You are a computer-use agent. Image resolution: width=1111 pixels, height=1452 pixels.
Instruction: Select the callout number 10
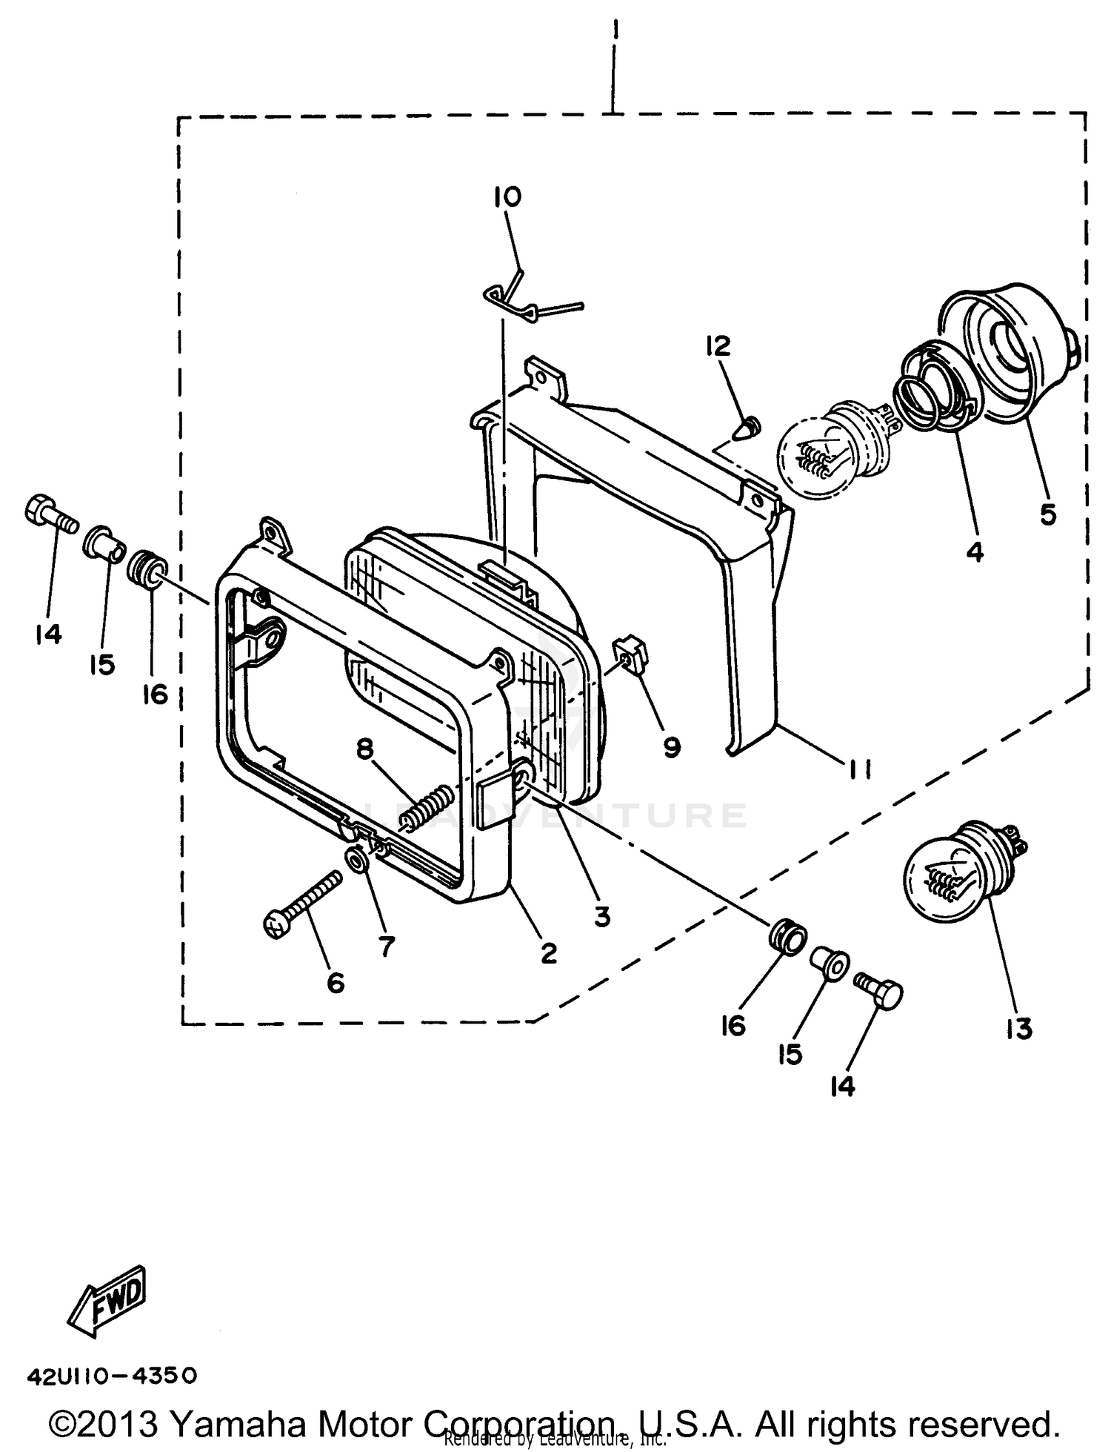click(508, 197)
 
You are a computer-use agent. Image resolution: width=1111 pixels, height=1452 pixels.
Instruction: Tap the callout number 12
click(718, 345)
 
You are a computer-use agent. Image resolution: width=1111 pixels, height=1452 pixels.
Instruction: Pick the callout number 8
click(365, 749)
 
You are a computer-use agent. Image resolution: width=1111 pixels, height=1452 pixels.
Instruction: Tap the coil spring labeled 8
click(428, 807)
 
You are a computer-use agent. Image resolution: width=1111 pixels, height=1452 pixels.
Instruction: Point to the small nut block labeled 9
click(631, 652)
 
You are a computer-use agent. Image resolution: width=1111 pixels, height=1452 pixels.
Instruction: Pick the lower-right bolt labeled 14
click(879, 991)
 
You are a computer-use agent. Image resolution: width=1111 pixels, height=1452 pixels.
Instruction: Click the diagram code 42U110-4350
click(112, 1376)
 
